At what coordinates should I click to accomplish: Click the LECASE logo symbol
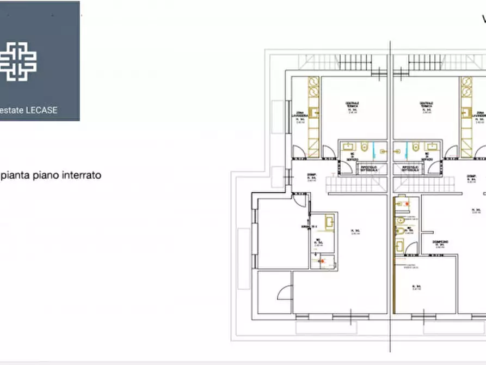click(18, 60)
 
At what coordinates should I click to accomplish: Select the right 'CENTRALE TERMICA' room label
click(426, 106)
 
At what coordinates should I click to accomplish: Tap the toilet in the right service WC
click(415, 146)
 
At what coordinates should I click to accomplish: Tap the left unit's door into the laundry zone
click(298, 152)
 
